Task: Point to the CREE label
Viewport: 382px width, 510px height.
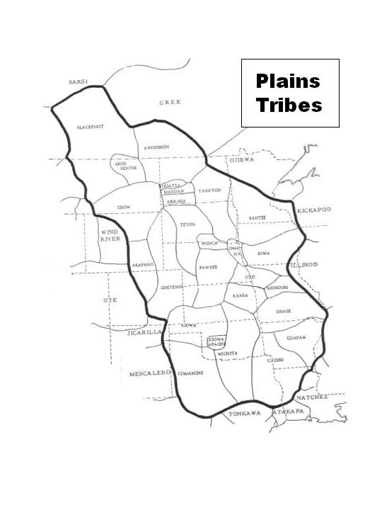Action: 170,102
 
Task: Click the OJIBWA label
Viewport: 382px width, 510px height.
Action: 241,161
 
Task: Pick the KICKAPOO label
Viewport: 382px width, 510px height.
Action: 314,210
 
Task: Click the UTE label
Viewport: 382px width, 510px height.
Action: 110,300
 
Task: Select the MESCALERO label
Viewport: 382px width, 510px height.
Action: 147,373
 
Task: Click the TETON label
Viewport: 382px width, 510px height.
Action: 188,225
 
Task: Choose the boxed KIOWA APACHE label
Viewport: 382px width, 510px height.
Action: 216,342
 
